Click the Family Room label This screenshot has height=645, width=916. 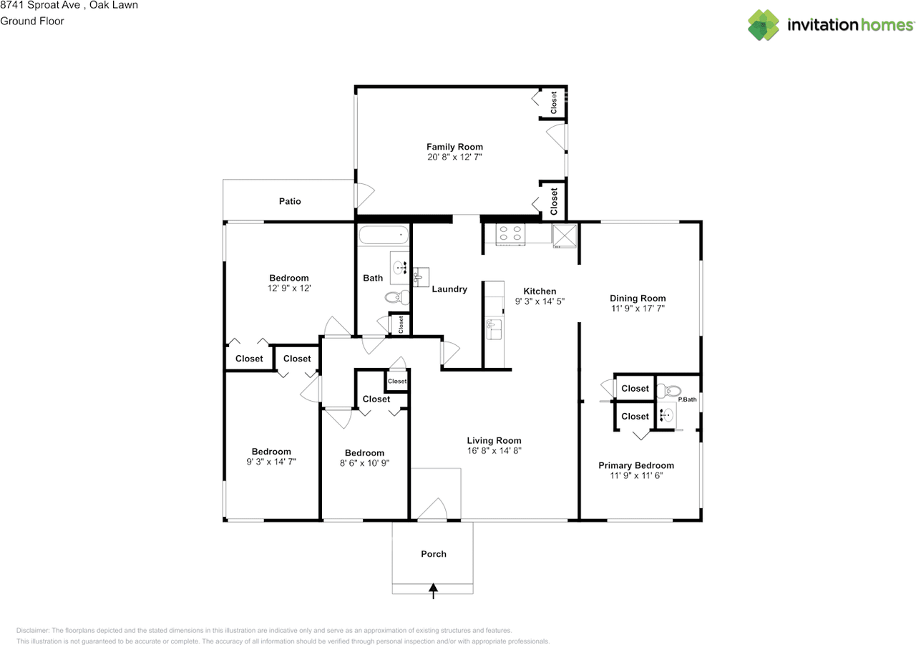click(454, 147)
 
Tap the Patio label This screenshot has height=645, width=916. click(290, 201)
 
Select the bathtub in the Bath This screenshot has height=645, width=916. click(384, 235)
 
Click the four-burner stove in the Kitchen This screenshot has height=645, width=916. click(510, 234)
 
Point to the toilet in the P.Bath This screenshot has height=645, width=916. click(668, 391)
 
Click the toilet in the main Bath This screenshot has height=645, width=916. click(397, 297)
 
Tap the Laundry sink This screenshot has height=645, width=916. click(420, 277)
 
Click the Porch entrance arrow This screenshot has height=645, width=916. click(434, 591)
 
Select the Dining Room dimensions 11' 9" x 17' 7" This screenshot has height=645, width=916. click(638, 309)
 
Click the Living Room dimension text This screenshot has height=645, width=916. click(494, 451)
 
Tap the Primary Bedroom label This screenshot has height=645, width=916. click(636, 465)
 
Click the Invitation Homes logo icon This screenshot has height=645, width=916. click(764, 25)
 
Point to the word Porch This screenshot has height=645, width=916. click(434, 554)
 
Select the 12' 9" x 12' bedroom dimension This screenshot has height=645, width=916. click(289, 288)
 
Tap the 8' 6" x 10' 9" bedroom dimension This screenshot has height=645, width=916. click(364, 463)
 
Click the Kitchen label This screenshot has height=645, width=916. click(540, 291)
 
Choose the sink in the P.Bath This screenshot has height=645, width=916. click(666, 415)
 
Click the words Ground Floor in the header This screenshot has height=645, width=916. click(32, 21)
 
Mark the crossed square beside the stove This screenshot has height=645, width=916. click(565, 236)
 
